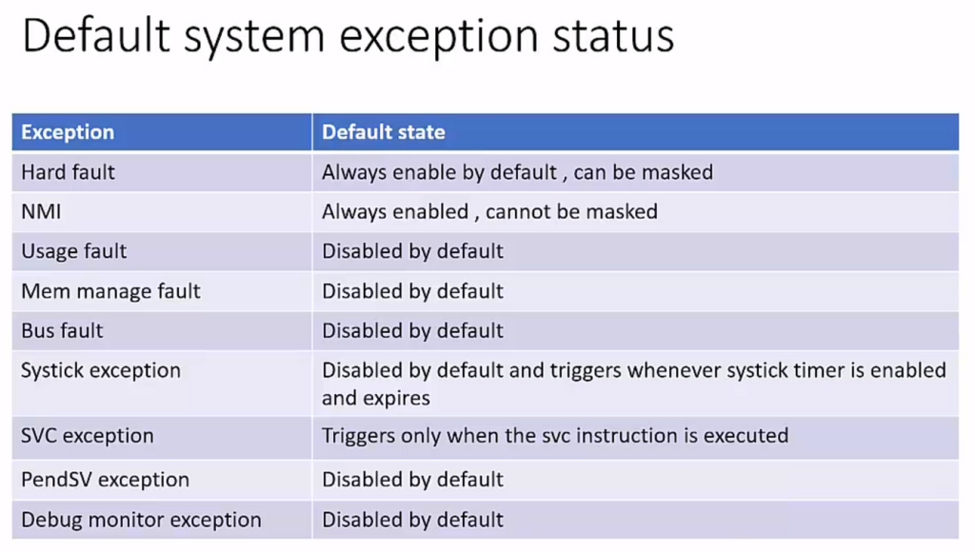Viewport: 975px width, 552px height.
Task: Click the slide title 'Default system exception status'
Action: (348, 36)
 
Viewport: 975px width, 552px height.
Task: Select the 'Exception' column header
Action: (68, 131)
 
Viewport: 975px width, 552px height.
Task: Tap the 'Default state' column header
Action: (383, 131)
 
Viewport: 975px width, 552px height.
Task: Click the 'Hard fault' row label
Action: (68, 172)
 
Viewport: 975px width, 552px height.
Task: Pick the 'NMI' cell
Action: (41, 212)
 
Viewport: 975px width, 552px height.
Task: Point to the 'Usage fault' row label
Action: (74, 251)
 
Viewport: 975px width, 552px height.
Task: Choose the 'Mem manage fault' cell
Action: (110, 291)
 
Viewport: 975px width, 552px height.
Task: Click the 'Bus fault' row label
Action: (62, 330)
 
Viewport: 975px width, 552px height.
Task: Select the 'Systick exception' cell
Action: (101, 370)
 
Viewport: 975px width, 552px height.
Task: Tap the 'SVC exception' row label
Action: (87, 436)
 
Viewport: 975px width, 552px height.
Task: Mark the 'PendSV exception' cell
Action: (105, 480)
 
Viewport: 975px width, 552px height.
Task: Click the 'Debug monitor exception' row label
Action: (141, 520)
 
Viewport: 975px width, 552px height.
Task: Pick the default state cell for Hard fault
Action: (517, 172)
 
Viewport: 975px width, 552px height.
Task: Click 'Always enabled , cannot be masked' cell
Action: (489, 212)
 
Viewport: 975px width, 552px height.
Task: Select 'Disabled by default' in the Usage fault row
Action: (412, 251)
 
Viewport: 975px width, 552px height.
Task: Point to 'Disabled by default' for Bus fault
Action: (412, 330)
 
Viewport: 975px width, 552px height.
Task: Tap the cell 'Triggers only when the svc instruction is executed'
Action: (555, 436)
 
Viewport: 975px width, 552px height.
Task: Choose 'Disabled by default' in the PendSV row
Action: (412, 480)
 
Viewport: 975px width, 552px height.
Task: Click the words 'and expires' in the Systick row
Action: (375, 398)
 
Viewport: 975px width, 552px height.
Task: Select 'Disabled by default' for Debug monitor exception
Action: (412, 520)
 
